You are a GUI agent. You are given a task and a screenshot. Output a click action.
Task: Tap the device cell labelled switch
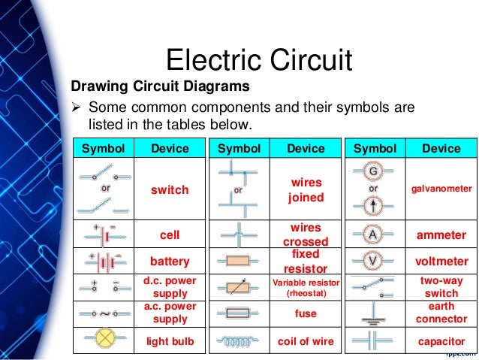tap(170, 190)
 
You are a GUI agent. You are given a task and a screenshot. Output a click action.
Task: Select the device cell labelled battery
tap(170, 262)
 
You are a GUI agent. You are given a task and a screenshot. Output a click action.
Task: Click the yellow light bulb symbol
tap(104, 341)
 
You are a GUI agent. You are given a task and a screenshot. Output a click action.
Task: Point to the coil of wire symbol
tap(239, 341)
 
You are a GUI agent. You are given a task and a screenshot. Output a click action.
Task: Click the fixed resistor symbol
tap(239, 262)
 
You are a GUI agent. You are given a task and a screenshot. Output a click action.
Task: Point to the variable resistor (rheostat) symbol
tap(239, 287)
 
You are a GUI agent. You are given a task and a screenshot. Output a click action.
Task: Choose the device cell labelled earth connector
tap(441, 314)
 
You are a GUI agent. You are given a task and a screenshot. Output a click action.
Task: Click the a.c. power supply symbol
tap(104, 314)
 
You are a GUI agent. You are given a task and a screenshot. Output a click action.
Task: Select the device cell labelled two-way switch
tap(441, 287)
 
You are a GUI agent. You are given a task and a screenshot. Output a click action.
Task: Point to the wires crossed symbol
tap(239, 234)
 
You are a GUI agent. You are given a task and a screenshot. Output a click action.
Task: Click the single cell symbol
tap(104, 234)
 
